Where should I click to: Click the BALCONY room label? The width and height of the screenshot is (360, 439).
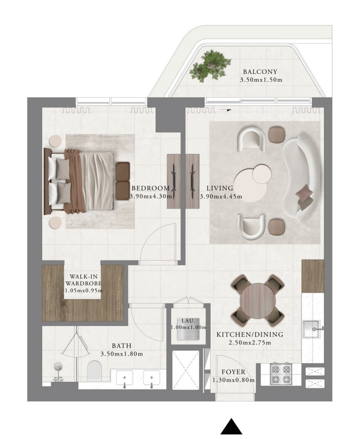[260, 72]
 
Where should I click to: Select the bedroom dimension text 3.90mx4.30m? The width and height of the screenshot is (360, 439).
[151, 196]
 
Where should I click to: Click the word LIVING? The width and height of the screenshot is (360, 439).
[220, 188]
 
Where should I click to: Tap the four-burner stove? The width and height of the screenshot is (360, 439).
[281, 374]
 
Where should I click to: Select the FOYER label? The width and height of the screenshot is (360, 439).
[233, 372]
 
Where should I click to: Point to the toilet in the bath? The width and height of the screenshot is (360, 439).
[94, 371]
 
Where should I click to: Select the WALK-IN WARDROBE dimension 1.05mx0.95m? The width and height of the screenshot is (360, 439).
[84, 290]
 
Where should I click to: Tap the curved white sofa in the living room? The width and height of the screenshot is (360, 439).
[301, 177]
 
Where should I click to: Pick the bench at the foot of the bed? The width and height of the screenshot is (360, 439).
[123, 181]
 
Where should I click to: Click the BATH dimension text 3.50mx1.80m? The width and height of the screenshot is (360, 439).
[121, 354]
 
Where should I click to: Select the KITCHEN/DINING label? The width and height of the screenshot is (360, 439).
[250, 334]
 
